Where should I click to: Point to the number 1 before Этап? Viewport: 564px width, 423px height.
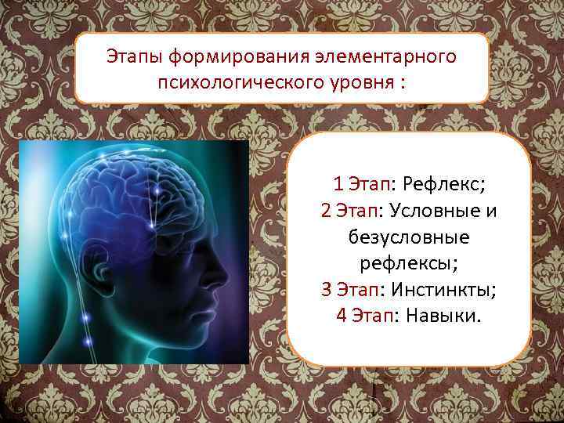338,185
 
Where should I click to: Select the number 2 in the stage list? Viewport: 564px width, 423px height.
326,211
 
